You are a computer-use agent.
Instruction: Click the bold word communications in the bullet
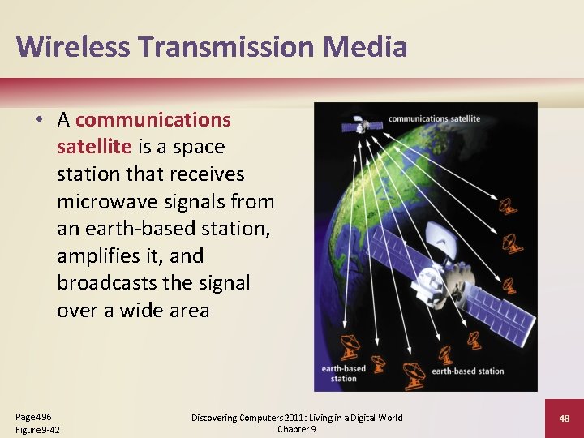(x=153, y=120)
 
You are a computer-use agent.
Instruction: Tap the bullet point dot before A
(x=39, y=120)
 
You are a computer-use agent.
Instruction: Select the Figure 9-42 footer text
(x=37, y=429)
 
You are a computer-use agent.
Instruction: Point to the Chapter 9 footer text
(x=297, y=429)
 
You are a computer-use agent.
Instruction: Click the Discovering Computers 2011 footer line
(x=297, y=418)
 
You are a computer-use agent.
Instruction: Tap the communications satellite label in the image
(x=434, y=118)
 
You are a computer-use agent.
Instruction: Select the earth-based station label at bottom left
(x=343, y=373)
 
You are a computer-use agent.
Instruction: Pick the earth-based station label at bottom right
(x=467, y=371)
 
